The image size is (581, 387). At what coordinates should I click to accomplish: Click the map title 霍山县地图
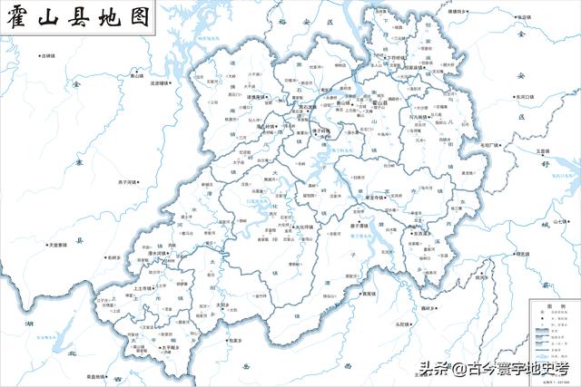point(76,17)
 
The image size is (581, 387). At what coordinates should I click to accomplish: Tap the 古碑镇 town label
point(51,56)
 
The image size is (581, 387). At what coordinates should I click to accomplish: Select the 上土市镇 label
point(121,287)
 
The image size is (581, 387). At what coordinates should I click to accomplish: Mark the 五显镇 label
point(543,151)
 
